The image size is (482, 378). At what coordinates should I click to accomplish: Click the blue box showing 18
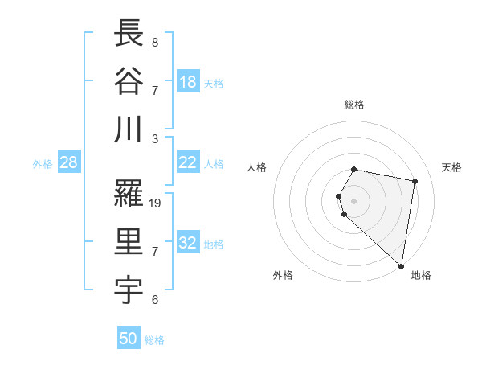pos(188,82)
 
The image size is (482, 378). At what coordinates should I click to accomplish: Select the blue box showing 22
pos(188,162)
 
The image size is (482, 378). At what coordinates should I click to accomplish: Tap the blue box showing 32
pos(188,243)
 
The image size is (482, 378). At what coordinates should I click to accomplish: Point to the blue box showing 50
pos(129,339)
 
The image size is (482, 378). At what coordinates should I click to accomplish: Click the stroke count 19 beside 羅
pos(156,203)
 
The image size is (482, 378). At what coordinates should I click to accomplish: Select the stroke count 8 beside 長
pos(154,43)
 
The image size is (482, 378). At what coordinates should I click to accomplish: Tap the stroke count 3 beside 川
pos(154,138)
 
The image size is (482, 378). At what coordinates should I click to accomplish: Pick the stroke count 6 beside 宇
pos(154,300)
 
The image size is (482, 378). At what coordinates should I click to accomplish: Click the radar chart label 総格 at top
pos(354,105)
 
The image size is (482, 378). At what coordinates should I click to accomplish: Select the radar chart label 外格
pos(283,275)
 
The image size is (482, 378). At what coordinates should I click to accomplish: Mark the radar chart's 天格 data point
pos(415,182)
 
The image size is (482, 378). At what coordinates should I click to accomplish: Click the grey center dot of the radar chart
pos(354,200)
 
